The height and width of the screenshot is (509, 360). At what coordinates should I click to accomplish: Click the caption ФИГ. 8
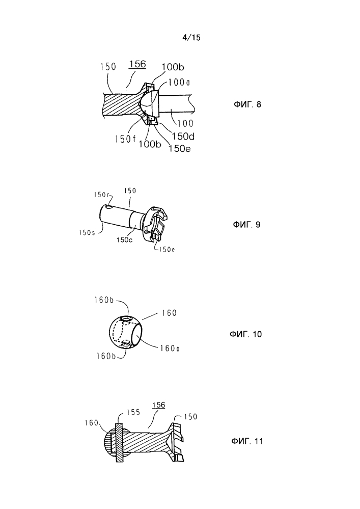[x=246, y=105]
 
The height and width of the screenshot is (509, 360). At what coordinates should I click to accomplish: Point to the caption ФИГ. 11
[x=248, y=441]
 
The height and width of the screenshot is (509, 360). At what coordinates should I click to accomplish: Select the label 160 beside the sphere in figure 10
[x=168, y=313]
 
